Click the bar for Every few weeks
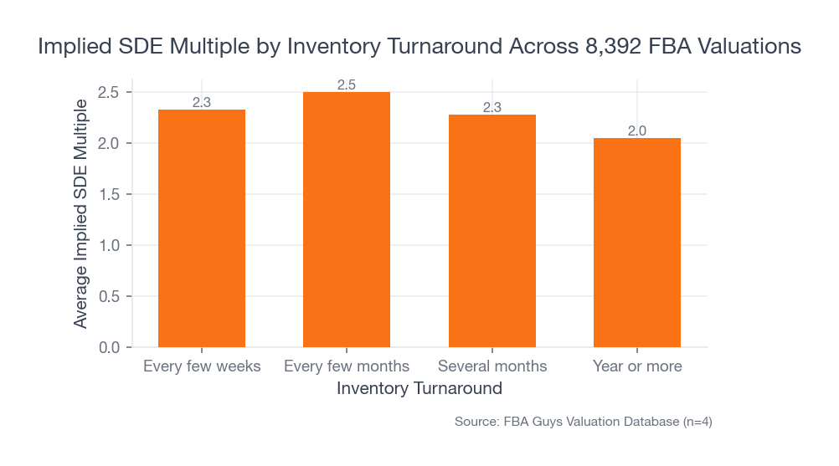pos(202,228)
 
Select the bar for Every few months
pos(347,219)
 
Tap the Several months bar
pos(492,231)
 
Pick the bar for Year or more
pos(637,243)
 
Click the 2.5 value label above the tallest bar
pos(347,84)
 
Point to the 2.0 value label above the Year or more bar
pos(637,131)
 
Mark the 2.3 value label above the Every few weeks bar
pos(202,102)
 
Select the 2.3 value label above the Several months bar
pos(492,107)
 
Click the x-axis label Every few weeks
pos(202,366)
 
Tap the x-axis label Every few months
pos(347,366)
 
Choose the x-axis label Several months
pos(492,366)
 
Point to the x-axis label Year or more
pos(637,366)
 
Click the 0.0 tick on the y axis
pos(109,347)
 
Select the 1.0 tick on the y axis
pos(109,245)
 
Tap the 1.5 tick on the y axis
pos(109,194)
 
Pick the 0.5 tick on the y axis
pos(109,296)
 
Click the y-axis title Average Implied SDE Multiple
pos(80,213)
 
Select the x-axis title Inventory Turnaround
pos(419,389)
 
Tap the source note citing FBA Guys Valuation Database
pos(583,422)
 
